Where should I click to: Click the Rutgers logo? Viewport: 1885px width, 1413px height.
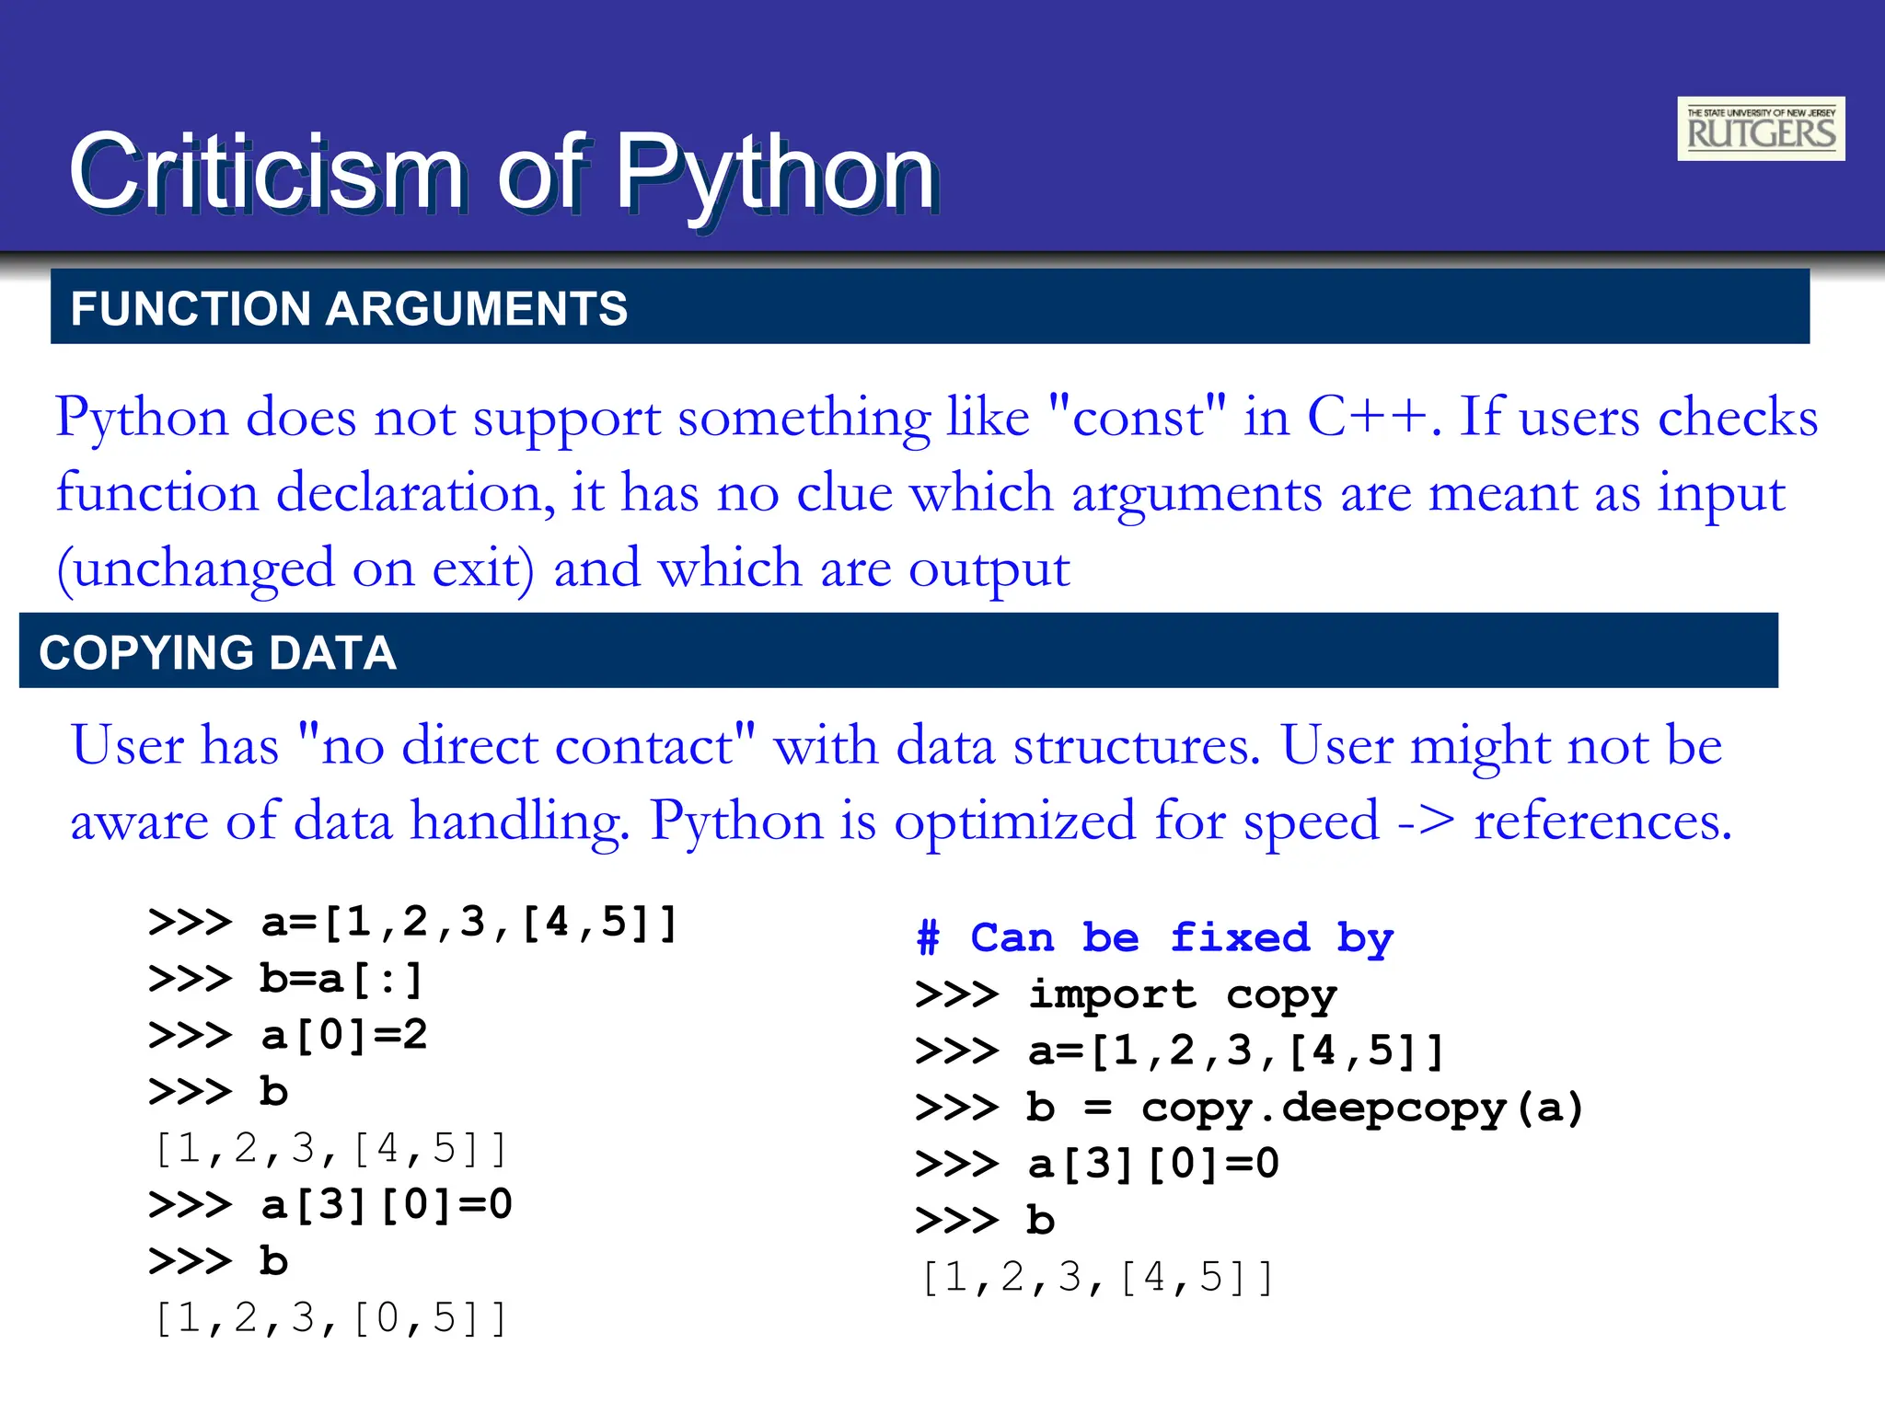[1760, 129]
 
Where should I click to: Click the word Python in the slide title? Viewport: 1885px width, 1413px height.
[775, 173]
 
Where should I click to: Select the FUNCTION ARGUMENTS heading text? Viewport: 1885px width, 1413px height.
[349, 308]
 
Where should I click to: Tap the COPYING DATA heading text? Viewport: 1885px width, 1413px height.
[217, 653]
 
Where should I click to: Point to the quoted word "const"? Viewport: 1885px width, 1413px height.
[1138, 417]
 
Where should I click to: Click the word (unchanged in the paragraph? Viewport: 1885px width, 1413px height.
[195, 568]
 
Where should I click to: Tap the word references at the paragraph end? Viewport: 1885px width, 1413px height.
[1602, 820]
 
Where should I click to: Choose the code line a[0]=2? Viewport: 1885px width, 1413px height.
[344, 1036]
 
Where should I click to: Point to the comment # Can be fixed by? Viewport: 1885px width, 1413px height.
[1155, 938]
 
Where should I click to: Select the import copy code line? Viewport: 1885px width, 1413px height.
[1182, 994]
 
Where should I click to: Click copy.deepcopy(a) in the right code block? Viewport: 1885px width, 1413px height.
[1361, 1108]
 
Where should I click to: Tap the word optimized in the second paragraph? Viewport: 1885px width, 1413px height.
[1015, 820]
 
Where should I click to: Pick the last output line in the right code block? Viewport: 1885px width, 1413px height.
[1097, 1278]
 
